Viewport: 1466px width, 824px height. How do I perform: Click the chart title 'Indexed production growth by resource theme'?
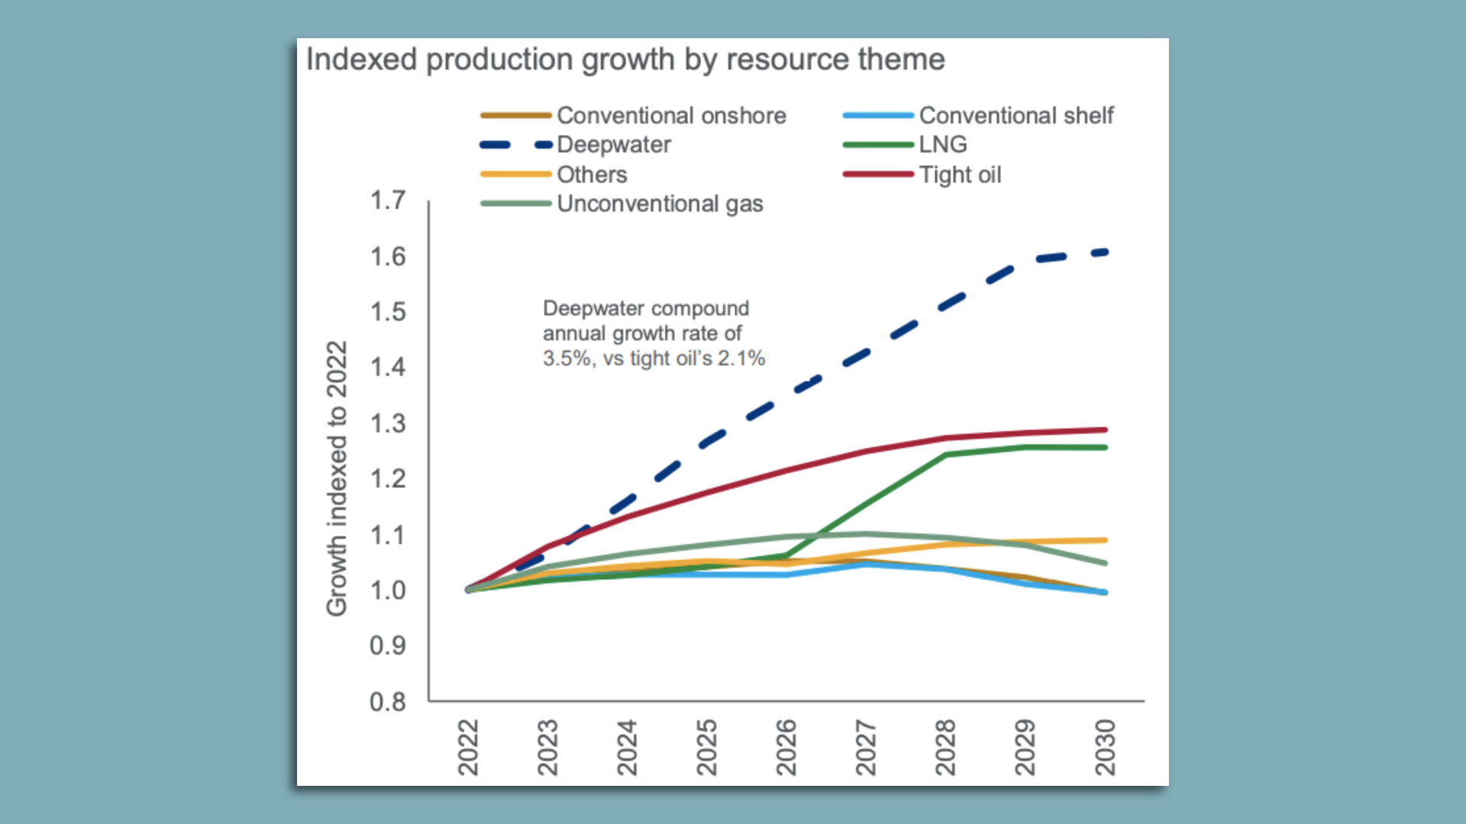pyautogui.click(x=625, y=60)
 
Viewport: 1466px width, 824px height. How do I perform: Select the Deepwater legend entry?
pyautogui.click(x=614, y=145)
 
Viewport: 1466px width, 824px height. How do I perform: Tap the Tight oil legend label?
pyautogui.click(x=960, y=175)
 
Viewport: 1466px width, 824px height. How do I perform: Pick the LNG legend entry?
pyautogui.click(x=943, y=145)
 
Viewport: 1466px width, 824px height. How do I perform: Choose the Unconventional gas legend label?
pyautogui.click(x=660, y=204)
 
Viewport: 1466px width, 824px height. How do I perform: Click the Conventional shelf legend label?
pyautogui.click(x=1016, y=116)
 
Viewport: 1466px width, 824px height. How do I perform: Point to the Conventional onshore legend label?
pyautogui.click(x=671, y=116)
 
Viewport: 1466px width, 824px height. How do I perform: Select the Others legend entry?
pyautogui.click(x=592, y=175)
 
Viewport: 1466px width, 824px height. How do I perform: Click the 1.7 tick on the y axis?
pyautogui.click(x=388, y=201)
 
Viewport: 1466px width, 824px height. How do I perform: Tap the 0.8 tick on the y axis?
pyautogui.click(x=388, y=701)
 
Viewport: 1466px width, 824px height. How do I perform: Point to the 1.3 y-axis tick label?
pyautogui.click(x=388, y=423)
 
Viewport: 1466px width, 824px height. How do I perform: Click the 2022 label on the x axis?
pyautogui.click(x=468, y=747)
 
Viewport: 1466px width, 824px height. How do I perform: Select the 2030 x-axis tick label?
pyautogui.click(x=1105, y=747)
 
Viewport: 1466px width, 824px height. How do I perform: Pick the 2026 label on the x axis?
pyautogui.click(x=786, y=747)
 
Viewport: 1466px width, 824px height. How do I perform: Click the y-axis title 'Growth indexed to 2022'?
pyautogui.click(x=337, y=478)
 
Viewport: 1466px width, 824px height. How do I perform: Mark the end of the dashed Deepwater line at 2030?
pyautogui.click(x=1105, y=252)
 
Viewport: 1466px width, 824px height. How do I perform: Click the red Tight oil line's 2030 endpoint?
pyautogui.click(x=1105, y=430)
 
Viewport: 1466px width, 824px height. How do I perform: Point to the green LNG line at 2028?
pyautogui.click(x=946, y=455)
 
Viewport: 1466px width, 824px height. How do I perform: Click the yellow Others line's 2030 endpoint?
pyautogui.click(x=1105, y=540)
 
